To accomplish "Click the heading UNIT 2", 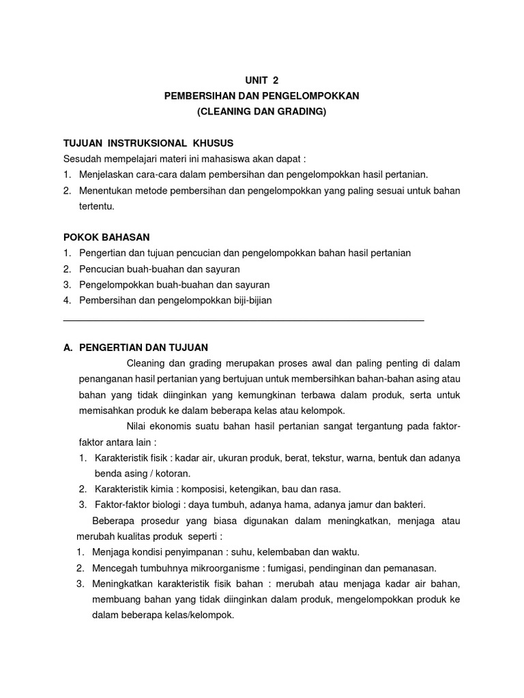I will coord(261,80).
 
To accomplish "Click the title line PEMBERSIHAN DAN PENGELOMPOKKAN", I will coord(261,96).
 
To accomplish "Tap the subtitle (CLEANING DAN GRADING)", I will coord(261,112).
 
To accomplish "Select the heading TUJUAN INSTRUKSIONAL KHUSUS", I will coord(148,143).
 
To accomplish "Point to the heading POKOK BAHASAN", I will coord(106,237).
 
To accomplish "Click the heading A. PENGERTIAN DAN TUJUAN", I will coord(135,347).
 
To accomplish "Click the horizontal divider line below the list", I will coord(244,319).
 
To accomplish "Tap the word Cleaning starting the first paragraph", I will coord(146,363).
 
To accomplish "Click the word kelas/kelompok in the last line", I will coord(203,615).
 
